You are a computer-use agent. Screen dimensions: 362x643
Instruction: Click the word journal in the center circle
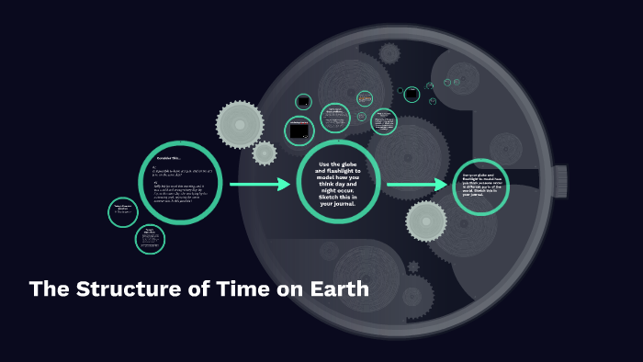[349, 204]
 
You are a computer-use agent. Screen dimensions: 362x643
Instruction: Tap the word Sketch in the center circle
[333, 196]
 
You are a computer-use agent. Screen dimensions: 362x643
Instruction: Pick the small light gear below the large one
[265, 153]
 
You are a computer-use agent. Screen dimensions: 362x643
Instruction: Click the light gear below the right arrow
[426, 221]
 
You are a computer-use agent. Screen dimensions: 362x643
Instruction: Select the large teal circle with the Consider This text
[180, 182]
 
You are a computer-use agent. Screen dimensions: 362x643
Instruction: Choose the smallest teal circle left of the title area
[123, 212]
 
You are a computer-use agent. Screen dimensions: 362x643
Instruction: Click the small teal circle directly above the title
[150, 240]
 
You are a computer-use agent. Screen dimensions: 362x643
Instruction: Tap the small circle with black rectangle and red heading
[299, 131]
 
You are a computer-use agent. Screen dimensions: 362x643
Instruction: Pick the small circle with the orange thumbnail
[365, 98]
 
